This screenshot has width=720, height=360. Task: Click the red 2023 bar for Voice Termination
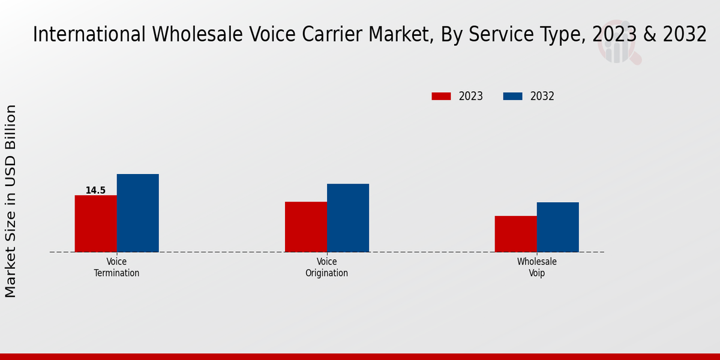(95, 223)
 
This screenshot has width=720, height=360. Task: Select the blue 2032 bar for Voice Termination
(137, 213)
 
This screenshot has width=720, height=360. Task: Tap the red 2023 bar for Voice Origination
(305, 227)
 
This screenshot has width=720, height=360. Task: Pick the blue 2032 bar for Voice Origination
(347, 218)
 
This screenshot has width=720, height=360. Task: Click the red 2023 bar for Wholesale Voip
(515, 234)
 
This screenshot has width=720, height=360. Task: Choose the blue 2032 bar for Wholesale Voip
(557, 227)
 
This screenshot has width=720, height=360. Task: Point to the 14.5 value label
(95, 190)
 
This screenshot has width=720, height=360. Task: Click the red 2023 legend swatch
(441, 96)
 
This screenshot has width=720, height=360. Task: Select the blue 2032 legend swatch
(512, 96)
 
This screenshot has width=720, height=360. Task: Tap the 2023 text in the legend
(471, 96)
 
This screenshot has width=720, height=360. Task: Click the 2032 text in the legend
(542, 96)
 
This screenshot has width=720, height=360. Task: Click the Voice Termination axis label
(116, 267)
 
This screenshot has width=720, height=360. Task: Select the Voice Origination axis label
(326, 267)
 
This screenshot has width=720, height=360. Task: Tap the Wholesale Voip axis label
(536, 267)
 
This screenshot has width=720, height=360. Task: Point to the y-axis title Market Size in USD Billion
(11, 201)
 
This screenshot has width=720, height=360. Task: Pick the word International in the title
(89, 34)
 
